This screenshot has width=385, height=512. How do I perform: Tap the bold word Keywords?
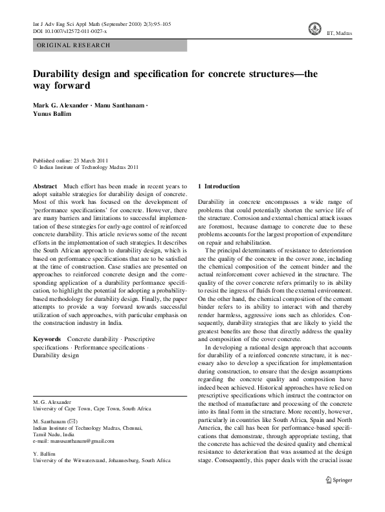coord(47,339)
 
